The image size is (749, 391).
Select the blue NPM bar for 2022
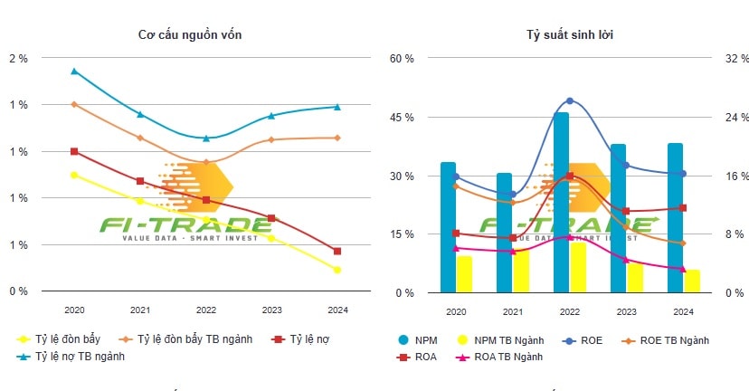[561, 202]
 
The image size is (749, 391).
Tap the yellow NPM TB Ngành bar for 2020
[464, 274]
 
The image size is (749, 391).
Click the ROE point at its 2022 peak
[570, 100]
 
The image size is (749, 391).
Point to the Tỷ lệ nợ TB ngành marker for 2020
[74, 71]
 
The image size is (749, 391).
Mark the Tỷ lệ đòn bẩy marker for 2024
[337, 270]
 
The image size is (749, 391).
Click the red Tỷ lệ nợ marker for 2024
[337, 251]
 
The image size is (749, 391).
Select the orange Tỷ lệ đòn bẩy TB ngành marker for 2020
[74, 104]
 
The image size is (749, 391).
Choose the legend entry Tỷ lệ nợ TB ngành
[79, 357]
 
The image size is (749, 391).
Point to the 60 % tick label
[402, 58]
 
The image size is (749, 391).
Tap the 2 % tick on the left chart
[18, 58]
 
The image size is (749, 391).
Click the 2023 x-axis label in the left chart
[271, 310]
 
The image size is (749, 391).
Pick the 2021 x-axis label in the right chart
[514, 310]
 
